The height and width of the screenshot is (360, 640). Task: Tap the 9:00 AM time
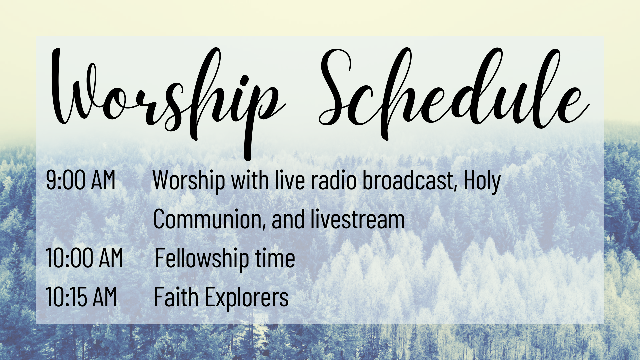pyautogui.click(x=81, y=180)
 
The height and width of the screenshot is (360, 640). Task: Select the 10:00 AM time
pyautogui.click(x=85, y=258)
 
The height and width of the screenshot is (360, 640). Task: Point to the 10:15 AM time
pyautogui.click(x=82, y=297)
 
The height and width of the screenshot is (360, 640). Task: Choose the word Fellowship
pyautogui.click(x=202, y=259)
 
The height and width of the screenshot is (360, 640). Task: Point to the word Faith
pyautogui.click(x=176, y=297)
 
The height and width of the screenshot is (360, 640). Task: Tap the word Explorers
pyautogui.click(x=247, y=298)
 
